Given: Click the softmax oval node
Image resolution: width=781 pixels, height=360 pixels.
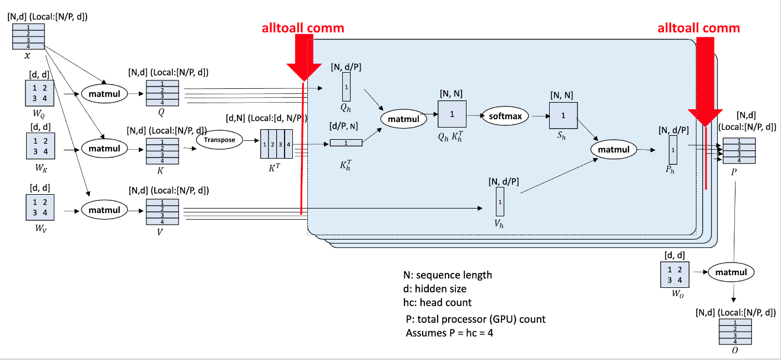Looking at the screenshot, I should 505,116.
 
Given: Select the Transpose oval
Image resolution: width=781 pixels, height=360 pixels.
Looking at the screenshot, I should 220,140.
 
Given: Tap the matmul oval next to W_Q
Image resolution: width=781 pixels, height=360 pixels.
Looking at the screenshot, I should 105,93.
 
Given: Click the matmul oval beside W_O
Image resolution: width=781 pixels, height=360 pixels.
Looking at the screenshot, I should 731,272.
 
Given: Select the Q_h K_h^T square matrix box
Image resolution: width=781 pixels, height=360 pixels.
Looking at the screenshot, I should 452,114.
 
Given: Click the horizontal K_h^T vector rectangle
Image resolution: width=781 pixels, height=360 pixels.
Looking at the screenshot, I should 346,143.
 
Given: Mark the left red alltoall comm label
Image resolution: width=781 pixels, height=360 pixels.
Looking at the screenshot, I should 303,28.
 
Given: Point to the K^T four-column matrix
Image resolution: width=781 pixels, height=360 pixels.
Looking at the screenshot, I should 276,144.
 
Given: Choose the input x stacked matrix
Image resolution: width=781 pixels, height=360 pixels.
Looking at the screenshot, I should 28,37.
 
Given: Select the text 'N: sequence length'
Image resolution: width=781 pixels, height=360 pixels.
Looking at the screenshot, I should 447,275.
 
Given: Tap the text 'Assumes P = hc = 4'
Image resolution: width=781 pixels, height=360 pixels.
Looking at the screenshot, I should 445,333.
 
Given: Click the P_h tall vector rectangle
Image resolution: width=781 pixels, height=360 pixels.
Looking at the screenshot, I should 673,150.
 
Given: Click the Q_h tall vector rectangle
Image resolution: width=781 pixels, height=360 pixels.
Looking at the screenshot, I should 347,87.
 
